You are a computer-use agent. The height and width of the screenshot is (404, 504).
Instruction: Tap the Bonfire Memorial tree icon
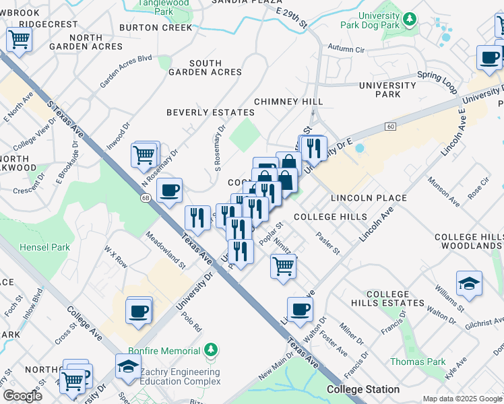[x=212, y=349]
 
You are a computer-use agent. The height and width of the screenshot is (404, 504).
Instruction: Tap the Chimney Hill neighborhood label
[x=288, y=101]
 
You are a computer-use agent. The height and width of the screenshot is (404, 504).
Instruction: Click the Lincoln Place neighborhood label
[x=369, y=198]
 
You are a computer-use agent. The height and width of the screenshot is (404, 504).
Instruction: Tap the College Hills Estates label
[x=397, y=299]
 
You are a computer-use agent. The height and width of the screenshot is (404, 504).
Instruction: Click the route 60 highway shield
[x=390, y=127]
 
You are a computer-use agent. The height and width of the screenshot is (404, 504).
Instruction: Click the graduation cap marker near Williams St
[x=469, y=283]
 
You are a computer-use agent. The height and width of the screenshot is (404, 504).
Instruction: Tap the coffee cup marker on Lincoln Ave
[x=300, y=309]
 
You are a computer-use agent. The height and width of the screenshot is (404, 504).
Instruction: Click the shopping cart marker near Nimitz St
[x=283, y=265]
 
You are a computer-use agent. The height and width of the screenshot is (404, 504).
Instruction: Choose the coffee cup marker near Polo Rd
[x=139, y=312]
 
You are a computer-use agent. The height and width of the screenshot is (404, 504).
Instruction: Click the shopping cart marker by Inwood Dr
[x=145, y=155]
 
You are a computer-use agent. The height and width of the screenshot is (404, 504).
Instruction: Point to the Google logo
[x=22, y=396]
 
